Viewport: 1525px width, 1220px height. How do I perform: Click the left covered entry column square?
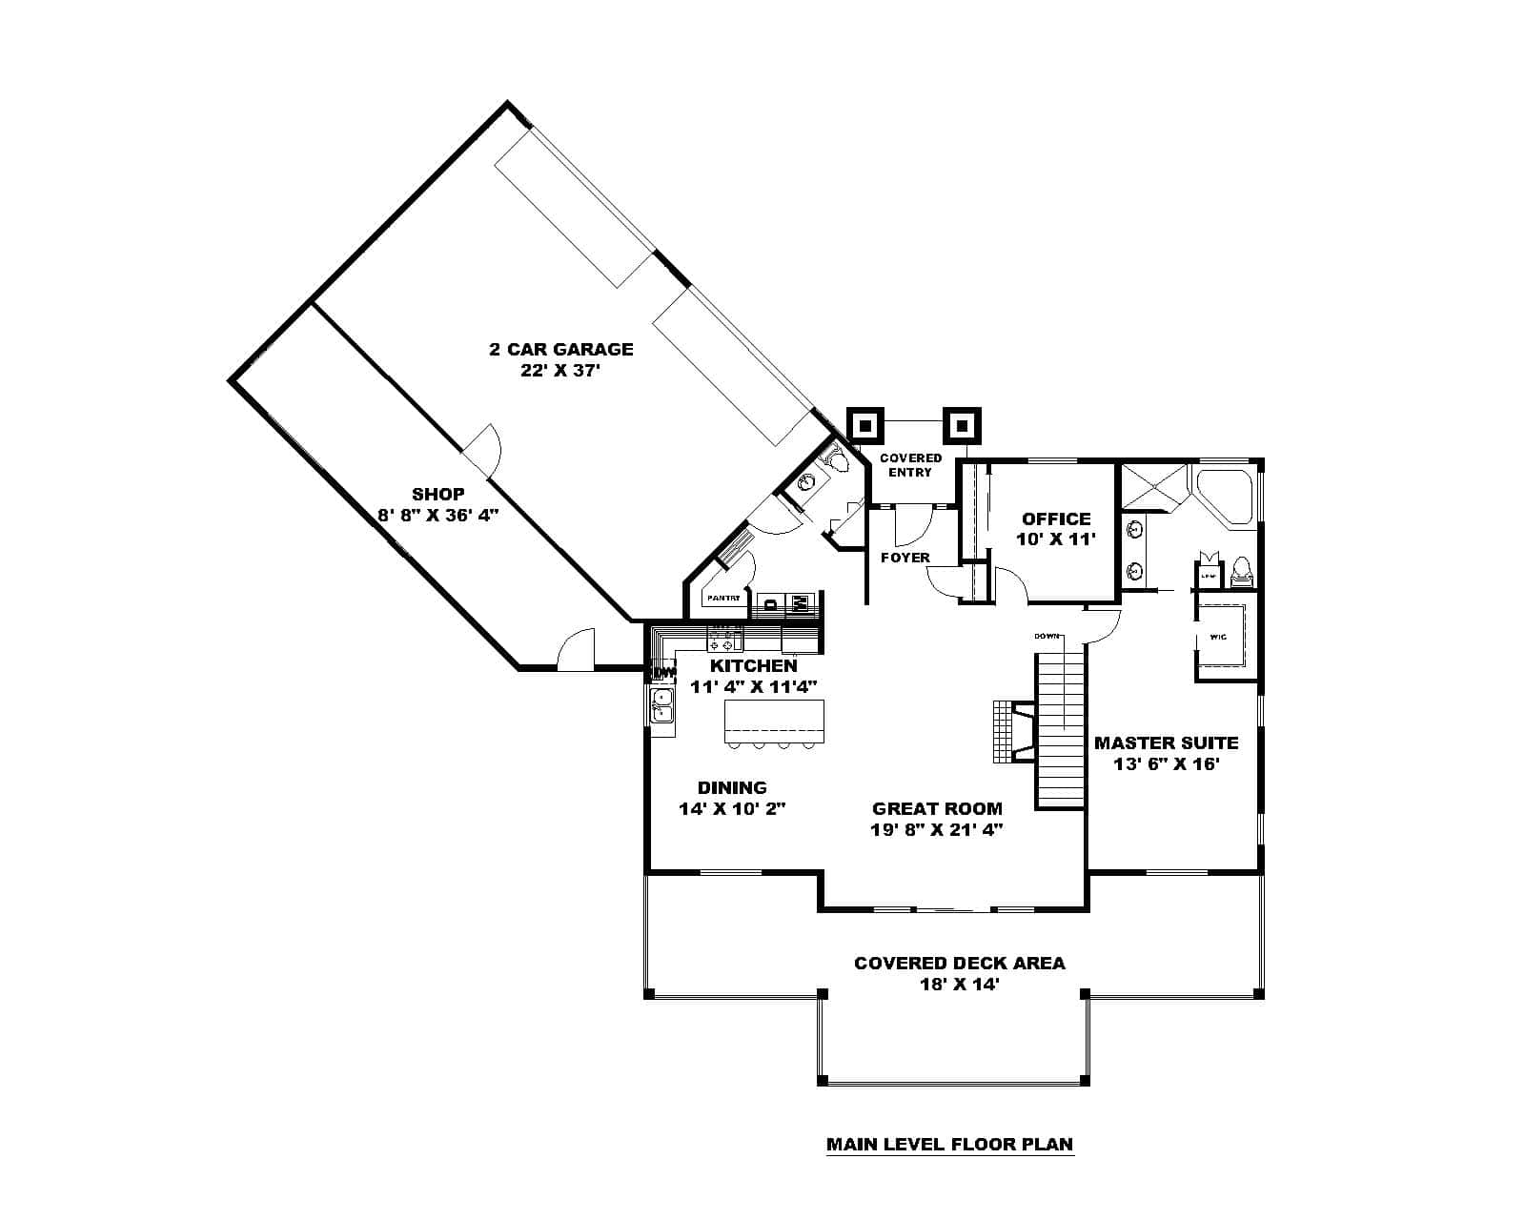click(x=865, y=426)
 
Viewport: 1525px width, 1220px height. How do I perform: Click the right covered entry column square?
click(x=962, y=426)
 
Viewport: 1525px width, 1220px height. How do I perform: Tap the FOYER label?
click(x=905, y=558)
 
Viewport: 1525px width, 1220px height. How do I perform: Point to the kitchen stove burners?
click(x=725, y=639)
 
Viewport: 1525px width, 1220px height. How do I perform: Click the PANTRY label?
click(x=722, y=599)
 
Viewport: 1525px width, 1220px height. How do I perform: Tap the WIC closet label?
click(x=1217, y=637)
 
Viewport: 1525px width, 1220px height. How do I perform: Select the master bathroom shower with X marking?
click(x=1153, y=487)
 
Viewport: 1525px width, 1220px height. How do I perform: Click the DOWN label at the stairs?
click(x=1047, y=635)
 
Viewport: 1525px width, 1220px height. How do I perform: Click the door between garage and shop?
click(x=483, y=450)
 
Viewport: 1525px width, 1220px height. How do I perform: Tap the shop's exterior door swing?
click(x=576, y=650)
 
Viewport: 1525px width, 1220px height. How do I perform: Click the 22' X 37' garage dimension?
click(x=561, y=371)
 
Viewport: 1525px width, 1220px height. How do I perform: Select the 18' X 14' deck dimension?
click(x=959, y=985)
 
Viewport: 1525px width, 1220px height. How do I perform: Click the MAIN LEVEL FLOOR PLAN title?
click(x=949, y=1145)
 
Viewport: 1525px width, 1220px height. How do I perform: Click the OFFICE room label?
click(x=1056, y=518)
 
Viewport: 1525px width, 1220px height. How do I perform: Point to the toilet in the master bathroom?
click(x=1240, y=572)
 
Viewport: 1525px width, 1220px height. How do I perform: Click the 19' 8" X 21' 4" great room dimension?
click(x=937, y=830)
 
